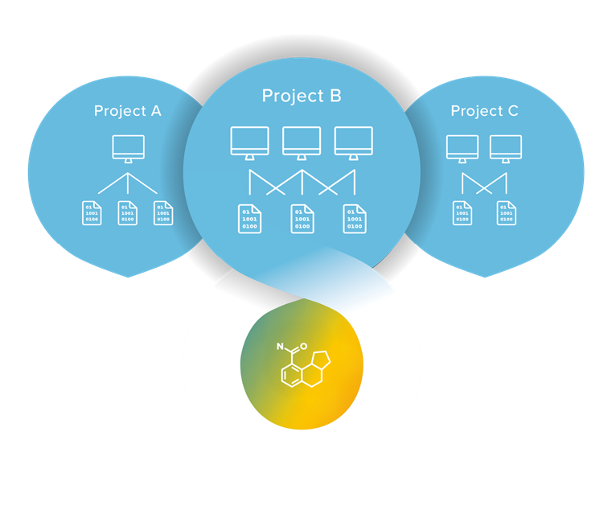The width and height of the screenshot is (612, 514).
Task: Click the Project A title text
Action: pyautogui.click(x=127, y=111)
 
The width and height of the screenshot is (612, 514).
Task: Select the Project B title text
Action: pyautogui.click(x=302, y=96)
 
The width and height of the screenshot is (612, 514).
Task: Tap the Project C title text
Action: pyautogui.click(x=484, y=111)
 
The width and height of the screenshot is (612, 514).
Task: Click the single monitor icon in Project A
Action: pyautogui.click(x=128, y=148)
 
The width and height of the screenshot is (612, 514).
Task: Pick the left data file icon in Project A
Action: pyautogui.click(x=92, y=212)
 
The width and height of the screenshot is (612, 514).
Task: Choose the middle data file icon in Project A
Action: pyautogui.click(x=128, y=212)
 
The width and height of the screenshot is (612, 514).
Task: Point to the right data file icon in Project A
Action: pyautogui.click(x=163, y=212)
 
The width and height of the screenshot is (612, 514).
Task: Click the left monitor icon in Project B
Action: pyautogui.click(x=249, y=142)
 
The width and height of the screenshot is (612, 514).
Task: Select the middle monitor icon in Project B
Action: pyautogui.click(x=302, y=142)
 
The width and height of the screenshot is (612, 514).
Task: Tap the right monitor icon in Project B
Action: pyautogui.click(x=354, y=142)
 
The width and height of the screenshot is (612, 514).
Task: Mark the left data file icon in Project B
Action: pyautogui.click(x=249, y=218)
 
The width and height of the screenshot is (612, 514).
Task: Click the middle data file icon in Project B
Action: pyautogui.click(x=302, y=218)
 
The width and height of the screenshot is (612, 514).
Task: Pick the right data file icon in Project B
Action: pyautogui.click(x=354, y=218)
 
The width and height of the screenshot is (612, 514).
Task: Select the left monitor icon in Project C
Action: pyautogui.click(x=462, y=148)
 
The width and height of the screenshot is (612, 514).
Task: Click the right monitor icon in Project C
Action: pyautogui.click(x=506, y=148)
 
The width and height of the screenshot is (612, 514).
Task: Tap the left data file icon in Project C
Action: pyautogui.click(x=462, y=212)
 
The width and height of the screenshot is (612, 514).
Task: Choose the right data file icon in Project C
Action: pyautogui.click(x=506, y=212)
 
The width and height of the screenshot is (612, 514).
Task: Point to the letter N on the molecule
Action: pyautogui.click(x=281, y=348)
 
